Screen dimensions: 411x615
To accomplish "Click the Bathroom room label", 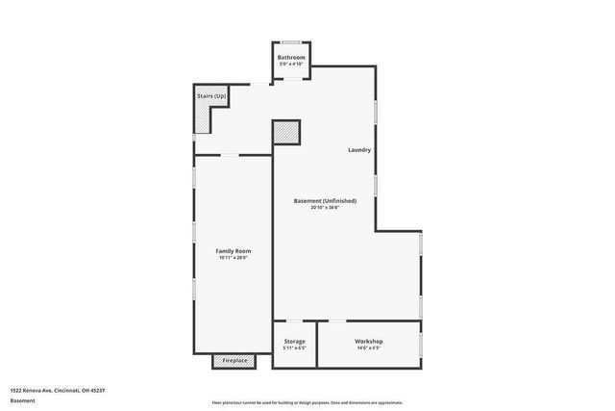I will [291, 58].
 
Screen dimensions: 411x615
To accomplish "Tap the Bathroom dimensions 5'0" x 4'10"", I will [291, 64].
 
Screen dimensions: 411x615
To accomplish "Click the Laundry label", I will [359, 150].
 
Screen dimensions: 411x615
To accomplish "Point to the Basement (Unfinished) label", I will [325, 200].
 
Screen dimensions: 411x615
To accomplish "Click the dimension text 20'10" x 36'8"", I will [325, 207].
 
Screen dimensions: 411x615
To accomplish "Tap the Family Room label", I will [234, 251].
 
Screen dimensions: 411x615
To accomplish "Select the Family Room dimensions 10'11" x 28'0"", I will [234, 258].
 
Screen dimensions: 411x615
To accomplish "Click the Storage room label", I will [295, 342].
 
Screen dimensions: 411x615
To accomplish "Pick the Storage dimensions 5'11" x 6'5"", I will [295, 348].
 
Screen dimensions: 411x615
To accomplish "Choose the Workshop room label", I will [369, 342].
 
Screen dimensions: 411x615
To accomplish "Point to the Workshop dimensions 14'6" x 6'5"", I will [369, 348].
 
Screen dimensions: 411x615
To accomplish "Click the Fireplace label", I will [235, 361].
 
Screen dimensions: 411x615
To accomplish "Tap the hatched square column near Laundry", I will [286, 132].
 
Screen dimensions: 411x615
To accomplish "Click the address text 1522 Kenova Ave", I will [34, 390].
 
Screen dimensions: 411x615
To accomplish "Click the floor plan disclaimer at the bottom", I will [307, 402].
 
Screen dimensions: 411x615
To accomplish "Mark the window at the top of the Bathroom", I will [291, 42].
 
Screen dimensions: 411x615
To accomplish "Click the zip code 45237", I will [95, 390].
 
